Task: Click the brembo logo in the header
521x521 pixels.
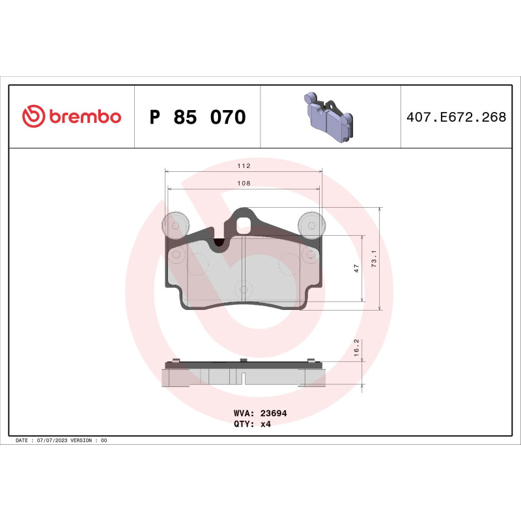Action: coord(72,117)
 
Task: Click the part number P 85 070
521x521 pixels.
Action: coord(197,118)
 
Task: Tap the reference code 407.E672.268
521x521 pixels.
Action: coord(456,118)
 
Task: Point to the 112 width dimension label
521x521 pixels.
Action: coord(244,166)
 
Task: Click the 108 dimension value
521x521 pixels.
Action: coord(244,184)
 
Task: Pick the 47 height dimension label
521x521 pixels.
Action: coord(356,268)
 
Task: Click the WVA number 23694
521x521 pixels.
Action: coord(274,413)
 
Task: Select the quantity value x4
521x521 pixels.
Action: coord(265,423)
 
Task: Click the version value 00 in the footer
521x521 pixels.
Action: coord(104,441)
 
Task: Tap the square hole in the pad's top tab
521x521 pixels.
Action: coord(244,225)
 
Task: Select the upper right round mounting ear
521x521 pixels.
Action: coord(311,224)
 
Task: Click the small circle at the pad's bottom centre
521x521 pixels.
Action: coord(243,287)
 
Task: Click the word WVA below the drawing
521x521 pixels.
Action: coord(242,413)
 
